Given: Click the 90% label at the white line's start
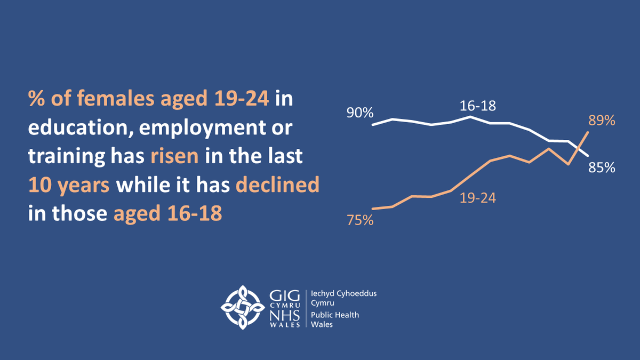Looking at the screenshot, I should [x=359, y=113].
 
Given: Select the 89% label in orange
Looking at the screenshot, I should [x=602, y=121].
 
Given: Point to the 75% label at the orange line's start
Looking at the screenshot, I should [x=360, y=220].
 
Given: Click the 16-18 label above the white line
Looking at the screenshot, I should [x=478, y=106].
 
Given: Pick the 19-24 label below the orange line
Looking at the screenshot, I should [x=478, y=198].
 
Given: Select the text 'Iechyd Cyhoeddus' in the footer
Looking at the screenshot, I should [x=339, y=294].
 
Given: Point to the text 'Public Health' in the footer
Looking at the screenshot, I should [x=335, y=315].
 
